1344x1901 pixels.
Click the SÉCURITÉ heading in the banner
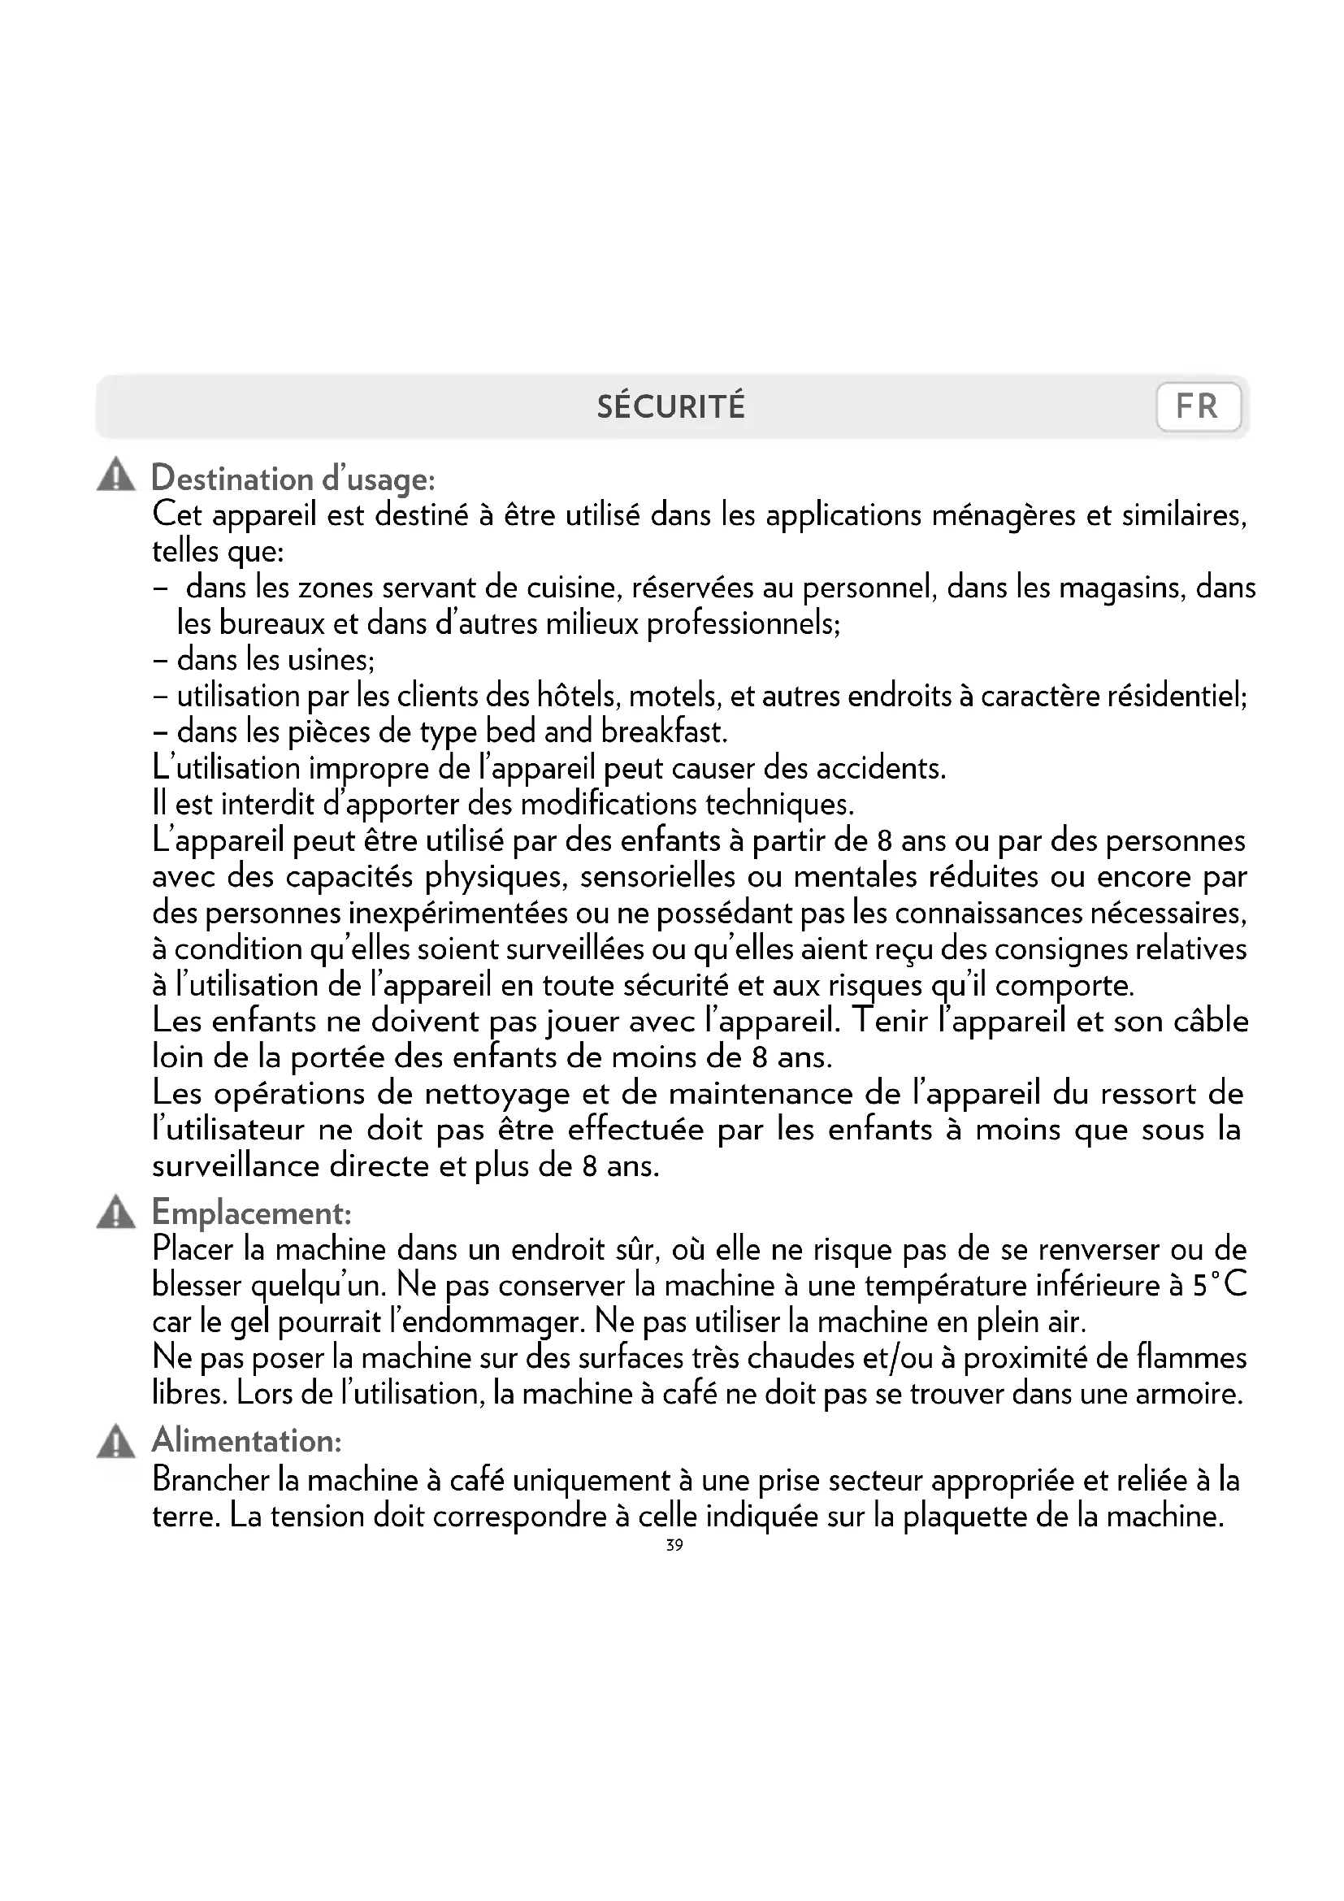pyautogui.click(x=671, y=407)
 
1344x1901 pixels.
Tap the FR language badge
pyautogui.click(x=1198, y=407)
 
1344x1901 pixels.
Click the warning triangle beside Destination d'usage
pyautogui.click(x=116, y=475)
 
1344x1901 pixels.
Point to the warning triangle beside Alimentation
pyautogui.click(x=116, y=1442)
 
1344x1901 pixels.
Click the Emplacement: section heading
pyautogui.click(x=253, y=1213)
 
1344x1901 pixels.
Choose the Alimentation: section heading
pyautogui.click(x=247, y=1442)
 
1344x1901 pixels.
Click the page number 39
pyautogui.click(x=674, y=1545)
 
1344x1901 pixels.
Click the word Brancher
pyautogui.click(x=211, y=1480)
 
